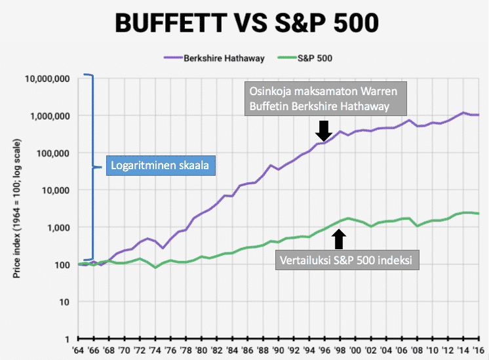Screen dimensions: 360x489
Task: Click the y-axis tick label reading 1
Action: (67, 340)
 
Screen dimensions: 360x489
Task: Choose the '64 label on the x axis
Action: (79, 351)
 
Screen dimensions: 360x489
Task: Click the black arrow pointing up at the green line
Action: (338, 237)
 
